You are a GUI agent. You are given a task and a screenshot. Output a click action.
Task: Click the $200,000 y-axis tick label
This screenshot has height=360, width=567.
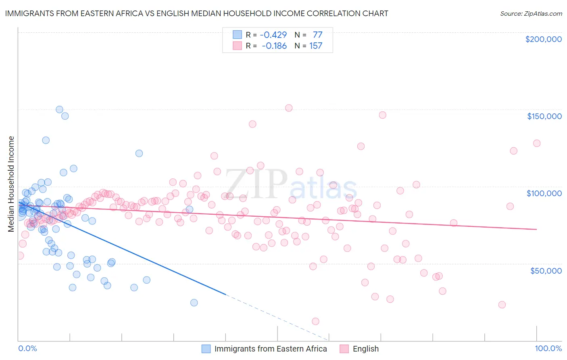[543, 39]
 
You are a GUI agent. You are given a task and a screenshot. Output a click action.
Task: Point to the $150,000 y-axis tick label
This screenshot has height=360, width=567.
[544, 116]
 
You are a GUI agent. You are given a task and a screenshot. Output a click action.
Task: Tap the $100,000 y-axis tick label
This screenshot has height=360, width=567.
[544, 193]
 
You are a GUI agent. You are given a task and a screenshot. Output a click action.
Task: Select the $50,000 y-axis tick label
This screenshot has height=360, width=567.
[546, 270]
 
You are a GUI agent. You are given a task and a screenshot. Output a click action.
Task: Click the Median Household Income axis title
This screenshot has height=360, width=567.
[11, 184]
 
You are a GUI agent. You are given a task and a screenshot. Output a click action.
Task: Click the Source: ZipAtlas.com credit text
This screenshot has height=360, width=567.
[531, 13]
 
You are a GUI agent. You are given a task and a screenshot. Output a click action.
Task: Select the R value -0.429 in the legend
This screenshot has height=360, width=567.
[274, 35]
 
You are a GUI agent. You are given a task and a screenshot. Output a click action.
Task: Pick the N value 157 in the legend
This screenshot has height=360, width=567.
[316, 46]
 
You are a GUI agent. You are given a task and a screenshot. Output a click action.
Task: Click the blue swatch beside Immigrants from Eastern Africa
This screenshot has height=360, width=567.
[206, 349]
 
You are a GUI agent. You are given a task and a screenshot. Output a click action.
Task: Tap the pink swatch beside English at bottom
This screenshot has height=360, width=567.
[344, 349]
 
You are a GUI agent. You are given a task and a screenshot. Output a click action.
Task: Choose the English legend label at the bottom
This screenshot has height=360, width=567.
[365, 349]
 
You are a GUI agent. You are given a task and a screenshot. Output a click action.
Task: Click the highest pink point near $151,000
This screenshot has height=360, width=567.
[289, 108]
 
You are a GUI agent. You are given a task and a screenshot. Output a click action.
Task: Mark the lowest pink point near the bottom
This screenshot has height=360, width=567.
[315, 321]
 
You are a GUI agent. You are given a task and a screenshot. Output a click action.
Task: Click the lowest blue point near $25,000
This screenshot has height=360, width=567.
[194, 303]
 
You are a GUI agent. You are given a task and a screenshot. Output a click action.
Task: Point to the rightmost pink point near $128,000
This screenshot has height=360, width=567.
[537, 143]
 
